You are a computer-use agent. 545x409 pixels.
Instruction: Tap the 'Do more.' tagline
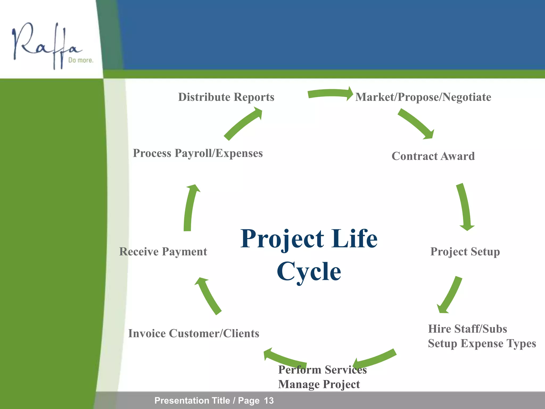pos(81,60)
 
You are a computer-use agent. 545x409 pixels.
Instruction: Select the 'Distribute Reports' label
pos(226,97)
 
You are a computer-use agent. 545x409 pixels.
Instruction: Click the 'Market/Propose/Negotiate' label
pos(423,97)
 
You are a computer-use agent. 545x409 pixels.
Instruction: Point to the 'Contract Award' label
pos(433,156)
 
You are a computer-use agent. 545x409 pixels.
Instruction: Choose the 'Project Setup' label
pos(465,252)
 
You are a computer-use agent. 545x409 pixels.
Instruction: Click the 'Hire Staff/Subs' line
pos(467,329)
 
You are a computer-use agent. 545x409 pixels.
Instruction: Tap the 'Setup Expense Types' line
pos(482,343)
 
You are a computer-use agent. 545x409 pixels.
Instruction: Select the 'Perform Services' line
pos(322,370)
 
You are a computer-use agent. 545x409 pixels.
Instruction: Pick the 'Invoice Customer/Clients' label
pos(193,334)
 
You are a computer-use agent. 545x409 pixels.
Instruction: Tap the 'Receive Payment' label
pos(163,252)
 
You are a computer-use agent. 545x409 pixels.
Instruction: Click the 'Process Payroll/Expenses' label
pos(198,153)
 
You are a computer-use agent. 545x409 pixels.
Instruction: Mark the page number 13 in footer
pos(269,400)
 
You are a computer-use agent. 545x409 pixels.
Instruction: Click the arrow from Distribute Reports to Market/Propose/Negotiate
pos(330,93)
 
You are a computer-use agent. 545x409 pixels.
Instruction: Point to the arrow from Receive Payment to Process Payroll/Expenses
pos(189,208)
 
